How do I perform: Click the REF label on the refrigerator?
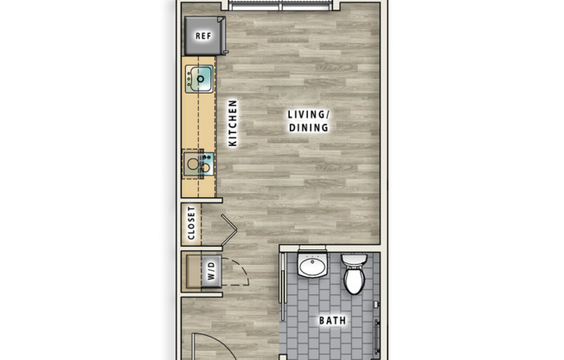point(203,36)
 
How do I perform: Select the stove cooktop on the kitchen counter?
point(198,163)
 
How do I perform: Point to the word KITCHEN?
point(233,123)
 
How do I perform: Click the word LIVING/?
point(309,113)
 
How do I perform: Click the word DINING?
point(309,128)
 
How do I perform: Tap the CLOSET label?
point(192,223)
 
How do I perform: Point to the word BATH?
point(332,321)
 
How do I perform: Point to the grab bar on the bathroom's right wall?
point(379,333)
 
